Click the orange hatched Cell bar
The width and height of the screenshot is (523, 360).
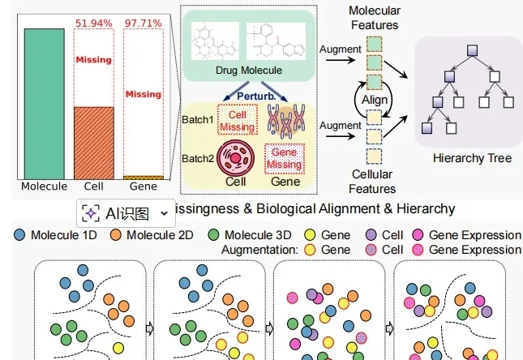click(93, 142)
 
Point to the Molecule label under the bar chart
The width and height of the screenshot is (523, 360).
click(45, 186)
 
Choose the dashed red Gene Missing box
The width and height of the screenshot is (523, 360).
click(286, 160)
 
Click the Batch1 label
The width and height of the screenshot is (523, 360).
click(198, 121)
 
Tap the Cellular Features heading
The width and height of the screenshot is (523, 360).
click(372, 181)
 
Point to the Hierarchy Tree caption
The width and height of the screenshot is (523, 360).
click(472, 158)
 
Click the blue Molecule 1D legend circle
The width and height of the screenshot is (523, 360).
click(20, 235)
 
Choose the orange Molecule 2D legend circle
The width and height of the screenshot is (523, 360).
click(116, 235)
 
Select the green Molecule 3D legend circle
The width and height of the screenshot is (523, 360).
click(214, 235)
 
